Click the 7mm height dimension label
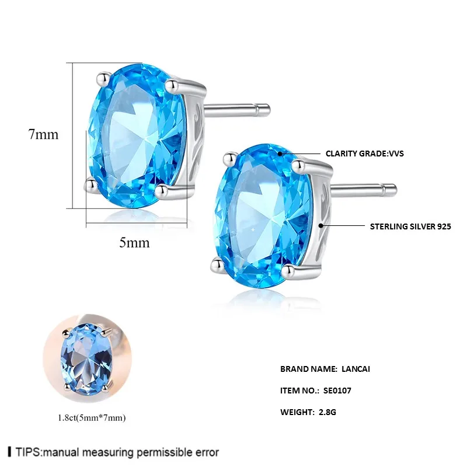[x=44, y=134]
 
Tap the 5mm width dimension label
[x=134, y=242]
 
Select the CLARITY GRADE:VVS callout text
[x=365, y=154]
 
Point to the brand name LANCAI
[x=358, y=369]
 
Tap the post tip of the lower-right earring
[x=393, y=187]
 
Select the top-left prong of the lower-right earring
[x=229, y=156]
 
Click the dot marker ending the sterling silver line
[x=320, y=225]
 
